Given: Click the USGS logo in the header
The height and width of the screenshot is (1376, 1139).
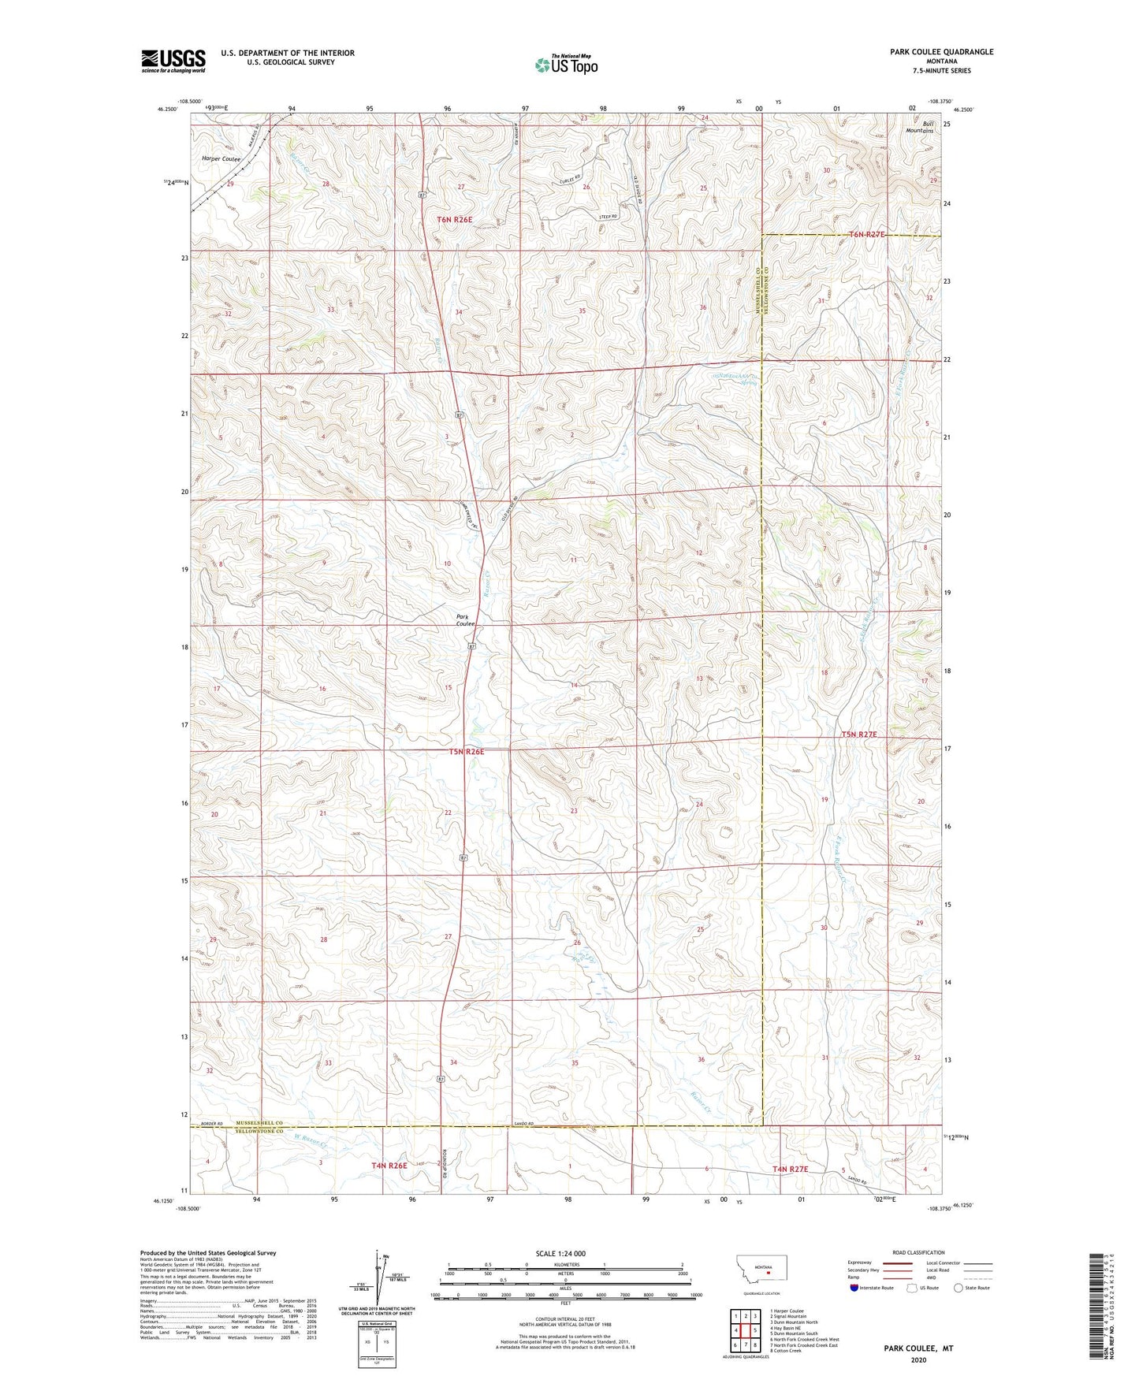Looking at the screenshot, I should coord(173,61).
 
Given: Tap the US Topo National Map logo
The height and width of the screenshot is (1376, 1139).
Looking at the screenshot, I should coord(565,65).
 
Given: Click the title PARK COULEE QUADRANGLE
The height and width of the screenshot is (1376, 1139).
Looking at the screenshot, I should coord(941,52).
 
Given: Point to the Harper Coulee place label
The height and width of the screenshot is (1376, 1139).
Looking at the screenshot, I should coord(221,158).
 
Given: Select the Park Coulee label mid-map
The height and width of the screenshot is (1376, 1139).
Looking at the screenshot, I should coord(465,619).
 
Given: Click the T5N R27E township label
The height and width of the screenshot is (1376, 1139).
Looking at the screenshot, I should coord(858,734).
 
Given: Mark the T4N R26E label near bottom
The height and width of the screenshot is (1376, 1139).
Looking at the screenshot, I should coord(389,1165).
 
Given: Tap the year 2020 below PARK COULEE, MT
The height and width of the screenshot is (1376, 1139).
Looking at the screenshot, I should coord(918,1360).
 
